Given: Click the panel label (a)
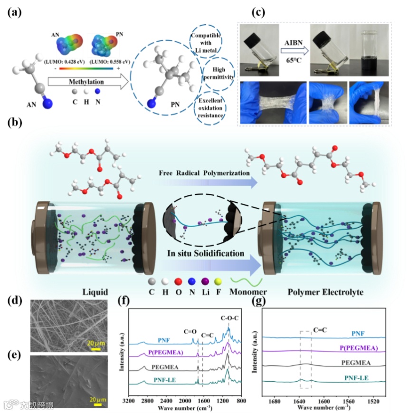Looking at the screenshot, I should pyautogui.click(x=13, y=13).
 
